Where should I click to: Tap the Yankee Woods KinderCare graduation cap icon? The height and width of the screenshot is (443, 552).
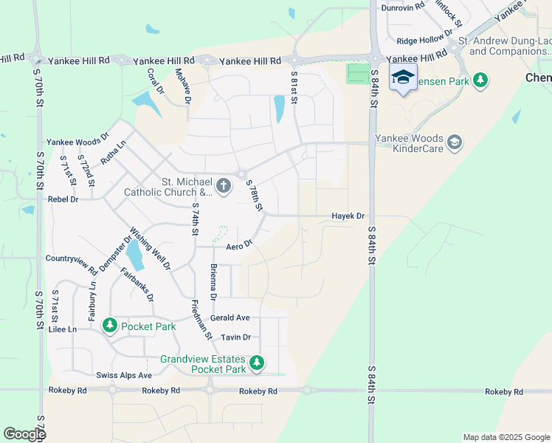click(x=455, y=141)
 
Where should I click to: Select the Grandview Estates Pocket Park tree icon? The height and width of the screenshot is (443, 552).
click(x=256, y=363)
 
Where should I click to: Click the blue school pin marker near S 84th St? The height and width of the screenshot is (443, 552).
click(x=403, y=78)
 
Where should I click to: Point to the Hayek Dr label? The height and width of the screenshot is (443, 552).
click(x=348, y=216)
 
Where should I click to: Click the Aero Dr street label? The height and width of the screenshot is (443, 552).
click(x=240, y=244)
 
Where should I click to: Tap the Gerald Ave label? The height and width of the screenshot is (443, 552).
click(x=230, y=317)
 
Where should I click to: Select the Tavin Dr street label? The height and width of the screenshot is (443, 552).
click(x=235, y=337)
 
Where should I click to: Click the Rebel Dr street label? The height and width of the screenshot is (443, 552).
click(x=63, y=199)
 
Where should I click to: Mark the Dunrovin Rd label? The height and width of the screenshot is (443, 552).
click(x=403, y=7)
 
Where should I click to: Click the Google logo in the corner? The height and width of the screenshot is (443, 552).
click(x=24, y=434)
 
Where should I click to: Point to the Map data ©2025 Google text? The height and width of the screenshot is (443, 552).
click(x=506, y=437)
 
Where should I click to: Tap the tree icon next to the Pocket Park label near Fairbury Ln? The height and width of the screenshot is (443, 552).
click(x=109, y=325)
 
